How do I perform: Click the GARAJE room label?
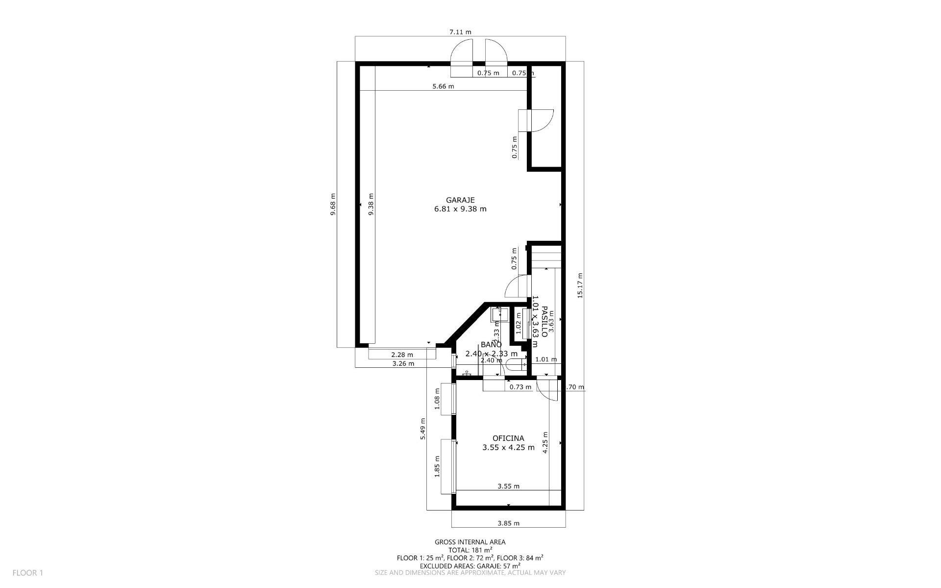[x=460, y=200]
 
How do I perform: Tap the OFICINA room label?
[x=508, y=438]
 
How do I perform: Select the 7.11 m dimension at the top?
[x=460, y=32]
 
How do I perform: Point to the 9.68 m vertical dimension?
[x=333, y=204]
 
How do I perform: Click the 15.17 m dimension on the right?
[x=580, y=285]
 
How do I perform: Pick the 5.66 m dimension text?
[x=443, y=87]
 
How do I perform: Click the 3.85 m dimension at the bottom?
[x=508, y=523]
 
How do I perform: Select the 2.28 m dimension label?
[x=402, y=355]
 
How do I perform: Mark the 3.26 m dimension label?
[x=403, y=364]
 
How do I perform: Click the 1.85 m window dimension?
[x=437, y=466]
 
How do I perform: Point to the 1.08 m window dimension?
[x=437, y=399]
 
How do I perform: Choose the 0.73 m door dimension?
[x=520, y=387]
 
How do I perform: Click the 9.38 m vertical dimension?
[x=371, y=204]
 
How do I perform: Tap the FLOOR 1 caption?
[x=28, y=572]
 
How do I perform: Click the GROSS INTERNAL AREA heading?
[x=470, y=542]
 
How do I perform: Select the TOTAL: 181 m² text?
[x=470, y=550]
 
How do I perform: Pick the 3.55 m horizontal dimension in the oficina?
[x=508, y=486]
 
